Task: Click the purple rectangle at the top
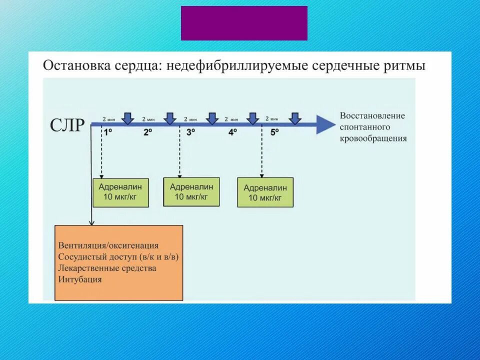244,23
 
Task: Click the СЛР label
67,125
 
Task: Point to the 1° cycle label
108,133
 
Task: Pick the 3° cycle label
191,133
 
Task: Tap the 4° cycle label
233,133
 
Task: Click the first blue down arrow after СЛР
128,118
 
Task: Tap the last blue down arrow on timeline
295,118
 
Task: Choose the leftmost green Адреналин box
120,192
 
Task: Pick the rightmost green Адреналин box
265,192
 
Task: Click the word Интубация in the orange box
80,279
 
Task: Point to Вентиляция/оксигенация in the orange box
108,245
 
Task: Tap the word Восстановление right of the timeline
372,115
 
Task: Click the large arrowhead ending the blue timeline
326,124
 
